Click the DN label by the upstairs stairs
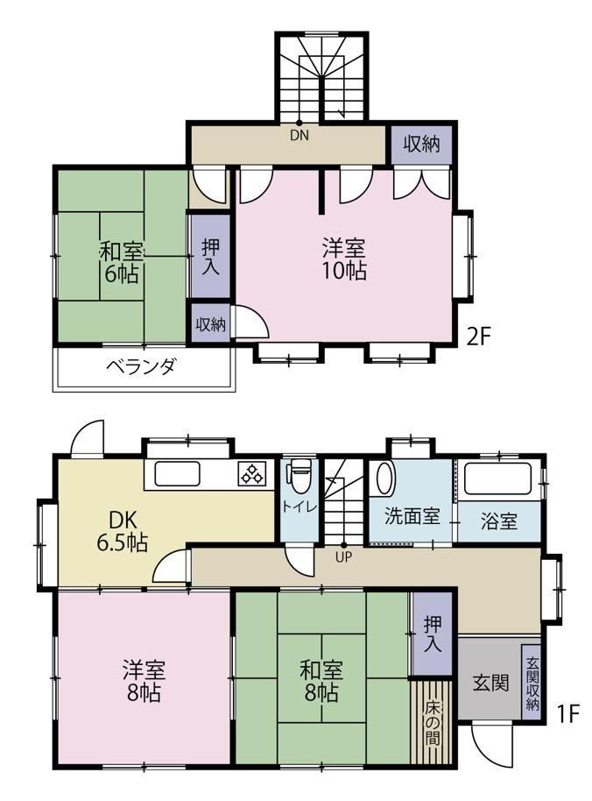300,136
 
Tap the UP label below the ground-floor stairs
343,557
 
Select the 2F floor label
477,337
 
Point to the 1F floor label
568,713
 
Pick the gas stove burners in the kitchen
252,473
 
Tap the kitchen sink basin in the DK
177,474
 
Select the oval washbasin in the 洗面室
384,478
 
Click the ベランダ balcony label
141,367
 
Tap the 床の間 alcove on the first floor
432,723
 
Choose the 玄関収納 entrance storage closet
532,684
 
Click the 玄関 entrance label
490,683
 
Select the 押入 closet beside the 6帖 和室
211,256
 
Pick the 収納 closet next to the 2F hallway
421,144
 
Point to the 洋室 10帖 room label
344,259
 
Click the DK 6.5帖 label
123,530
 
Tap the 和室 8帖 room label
321,681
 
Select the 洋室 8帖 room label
144,680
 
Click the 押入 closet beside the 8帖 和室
433,634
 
